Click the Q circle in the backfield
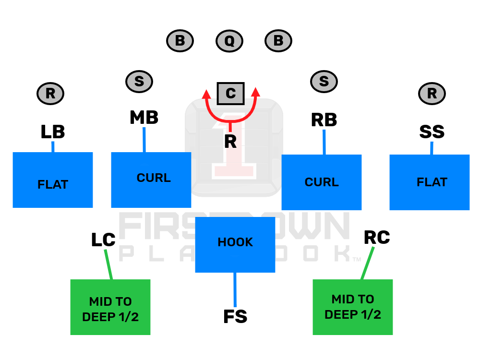229,41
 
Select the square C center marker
230,93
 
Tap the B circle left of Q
180,41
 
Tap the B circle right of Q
278,41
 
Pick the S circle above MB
139,82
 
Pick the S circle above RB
324,82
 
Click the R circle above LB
50,94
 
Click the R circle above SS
432,94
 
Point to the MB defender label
144,118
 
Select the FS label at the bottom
235,317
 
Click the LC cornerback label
103,240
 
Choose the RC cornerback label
377,237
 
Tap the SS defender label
432,132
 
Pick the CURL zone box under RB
322,182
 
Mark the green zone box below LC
110,307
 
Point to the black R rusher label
230,142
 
